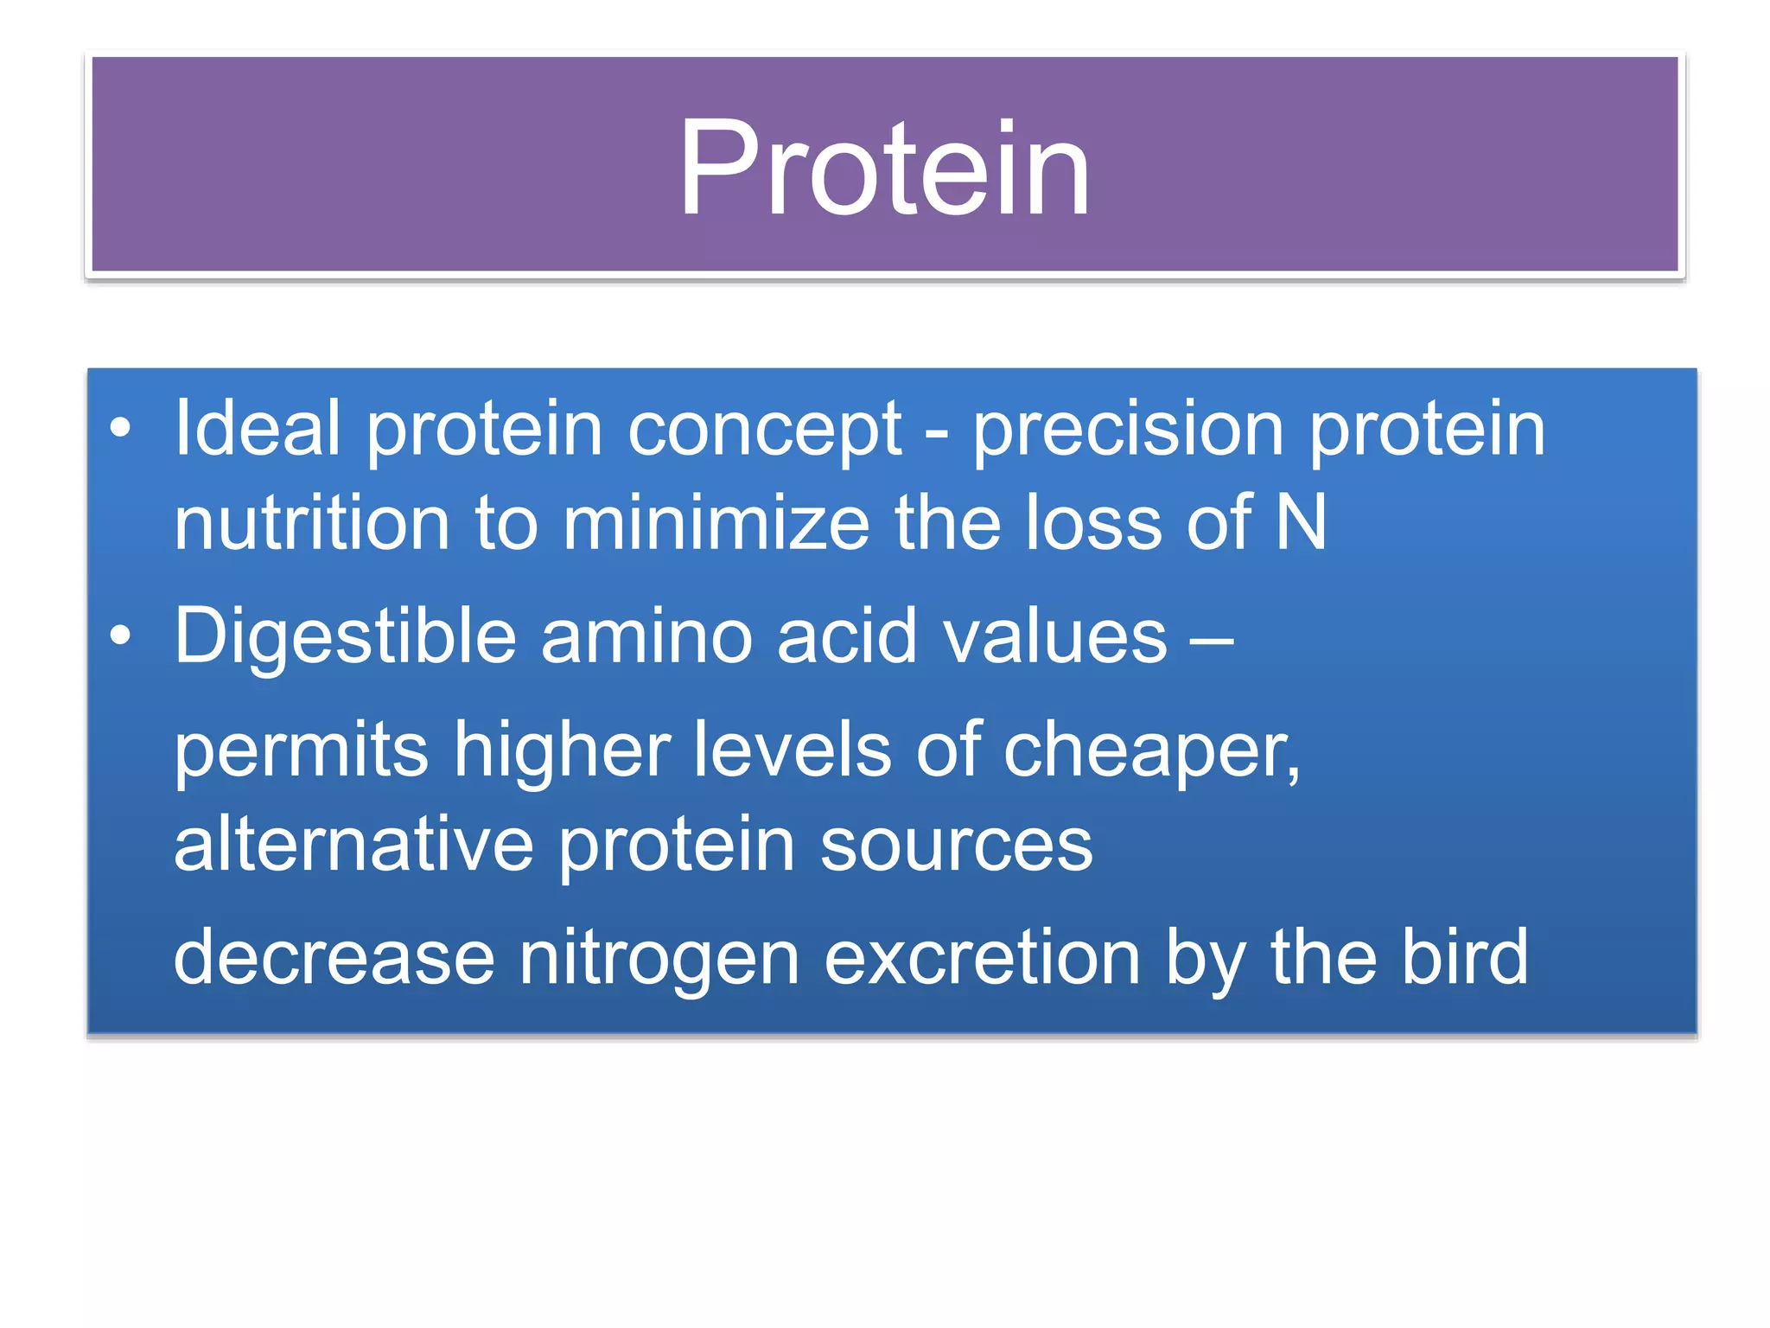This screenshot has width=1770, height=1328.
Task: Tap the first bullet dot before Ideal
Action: pyautogui.click(x=121, y=428)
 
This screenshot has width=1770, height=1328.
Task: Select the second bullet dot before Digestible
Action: pyautogui.click(x=121, y=636)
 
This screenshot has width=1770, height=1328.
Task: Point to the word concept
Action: pyautogui.click(x=765, y=430)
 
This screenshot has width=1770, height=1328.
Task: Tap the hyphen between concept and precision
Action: pyautogui.click(x=937, y=432)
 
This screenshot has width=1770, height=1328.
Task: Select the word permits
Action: pyautogui.click(x=302, y=750)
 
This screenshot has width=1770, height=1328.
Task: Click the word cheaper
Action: pyautogui.click(x=1150, y=750)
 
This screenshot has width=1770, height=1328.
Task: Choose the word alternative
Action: pyautogui.click(x=354, y=844)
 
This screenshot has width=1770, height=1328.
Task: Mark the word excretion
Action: pyautogui.click(x=983, y=958)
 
